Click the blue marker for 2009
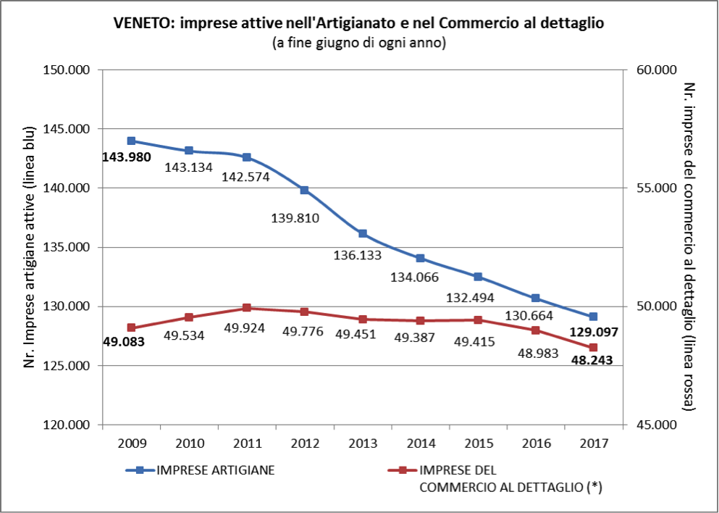(x=131, y=141)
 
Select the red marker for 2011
(x=247, y=308)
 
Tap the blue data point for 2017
(x=593, y=317)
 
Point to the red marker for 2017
(x=593, y=348)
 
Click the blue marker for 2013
(x=362, y=233)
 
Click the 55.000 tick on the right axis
(x=655, y=188)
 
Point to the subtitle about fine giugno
(x=358, y=43)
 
